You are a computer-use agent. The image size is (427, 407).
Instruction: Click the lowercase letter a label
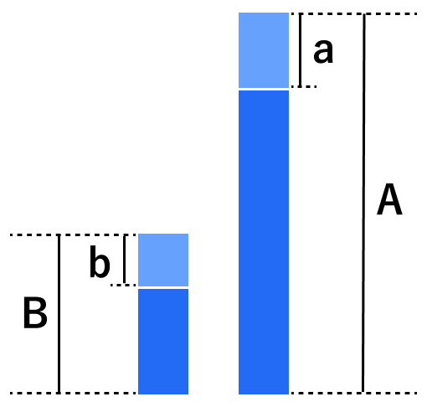[x=323, y=51]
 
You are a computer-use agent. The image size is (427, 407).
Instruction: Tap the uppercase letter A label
[x=389, y=199]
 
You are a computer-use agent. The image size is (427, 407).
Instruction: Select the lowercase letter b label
[x=100, y=262]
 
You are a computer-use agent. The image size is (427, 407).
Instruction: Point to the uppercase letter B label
[x=35, y=313]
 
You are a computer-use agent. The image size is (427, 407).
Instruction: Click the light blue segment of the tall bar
[x=264, y=50]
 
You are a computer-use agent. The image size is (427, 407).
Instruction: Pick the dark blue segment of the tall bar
[x=264, y=242]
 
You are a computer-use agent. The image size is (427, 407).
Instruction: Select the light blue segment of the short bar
[x=163, y=260]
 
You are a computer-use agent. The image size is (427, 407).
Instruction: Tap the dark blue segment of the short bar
[x=163, y=342]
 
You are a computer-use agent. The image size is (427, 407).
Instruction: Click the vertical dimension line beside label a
[x=301, y=50]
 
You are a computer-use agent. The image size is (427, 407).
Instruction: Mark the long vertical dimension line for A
[x=363, y=203]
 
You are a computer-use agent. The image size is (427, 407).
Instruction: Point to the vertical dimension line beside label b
[x=125, y=260]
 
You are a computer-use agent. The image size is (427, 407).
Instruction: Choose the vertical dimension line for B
[x=59, y=314]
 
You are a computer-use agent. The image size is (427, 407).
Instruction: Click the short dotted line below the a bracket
[x=304, y=86]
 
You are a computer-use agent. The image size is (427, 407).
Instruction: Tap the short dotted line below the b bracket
[x=123, y=285]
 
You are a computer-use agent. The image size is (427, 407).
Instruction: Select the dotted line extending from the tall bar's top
[x=354, y=13]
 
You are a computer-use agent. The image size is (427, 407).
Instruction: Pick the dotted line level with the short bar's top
[x=73, y=235]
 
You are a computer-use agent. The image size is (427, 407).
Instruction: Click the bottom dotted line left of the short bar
[x=73, y=393]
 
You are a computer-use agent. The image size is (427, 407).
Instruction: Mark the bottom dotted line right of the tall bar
[x=354, y=393]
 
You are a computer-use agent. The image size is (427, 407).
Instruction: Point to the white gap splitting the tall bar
[x=264, y=90]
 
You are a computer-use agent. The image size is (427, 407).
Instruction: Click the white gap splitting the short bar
[x=163, y=287]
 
